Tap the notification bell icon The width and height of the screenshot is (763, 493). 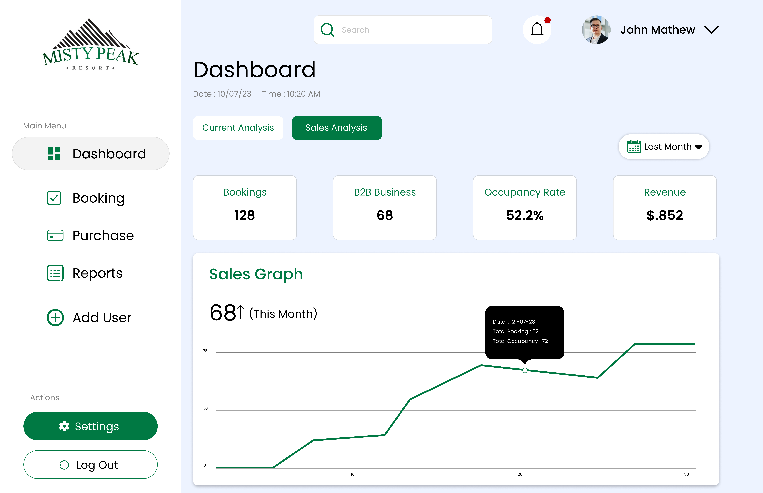click(537, 30)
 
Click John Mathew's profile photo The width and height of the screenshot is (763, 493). click(596, 30)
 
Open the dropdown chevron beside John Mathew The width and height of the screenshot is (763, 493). click(711, 30)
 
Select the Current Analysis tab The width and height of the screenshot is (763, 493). click(238, 128)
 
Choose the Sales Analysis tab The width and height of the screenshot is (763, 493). click(336, 128)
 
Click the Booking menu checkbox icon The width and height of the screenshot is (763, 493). click(54, 198)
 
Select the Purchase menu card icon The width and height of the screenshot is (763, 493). click(55, 235)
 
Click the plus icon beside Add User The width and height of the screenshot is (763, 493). click(55, 318)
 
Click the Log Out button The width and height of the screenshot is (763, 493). click(90, 465)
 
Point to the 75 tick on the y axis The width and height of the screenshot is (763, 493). click(205, 351)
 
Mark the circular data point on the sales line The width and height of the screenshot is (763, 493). click(525, 370)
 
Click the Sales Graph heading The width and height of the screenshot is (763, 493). click(256, 274)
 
